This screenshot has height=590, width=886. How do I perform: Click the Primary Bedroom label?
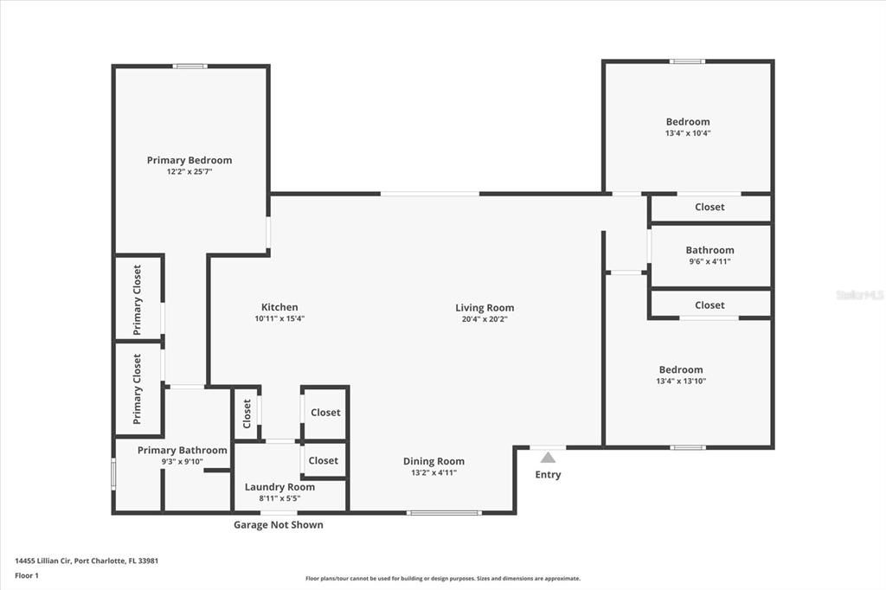tap(189, 160)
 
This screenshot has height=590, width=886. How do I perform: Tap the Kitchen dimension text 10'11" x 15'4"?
tap(279, 318)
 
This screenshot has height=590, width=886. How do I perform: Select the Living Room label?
tap(485, 307)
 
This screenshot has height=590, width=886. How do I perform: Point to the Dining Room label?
tap(433, 461)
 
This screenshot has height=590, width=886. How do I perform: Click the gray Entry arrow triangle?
tap(548, 458)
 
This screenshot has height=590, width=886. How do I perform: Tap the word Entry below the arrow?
tap(548, 474)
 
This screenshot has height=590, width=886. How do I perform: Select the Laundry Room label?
tap(279, 487)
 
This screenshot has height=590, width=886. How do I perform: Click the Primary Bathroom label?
tap(182, 450)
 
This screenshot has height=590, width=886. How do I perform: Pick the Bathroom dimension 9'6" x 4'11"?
tap(709, 261)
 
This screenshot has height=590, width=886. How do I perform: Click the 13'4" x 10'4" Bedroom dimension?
tap(688, 133)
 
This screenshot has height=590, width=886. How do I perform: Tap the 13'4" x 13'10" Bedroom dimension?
tap(681, 381)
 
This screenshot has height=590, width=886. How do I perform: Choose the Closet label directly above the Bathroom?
tap(709, 207)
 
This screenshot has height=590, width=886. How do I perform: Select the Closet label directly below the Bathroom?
tap(709, 305)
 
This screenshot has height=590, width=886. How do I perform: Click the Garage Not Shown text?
tap(278, 524)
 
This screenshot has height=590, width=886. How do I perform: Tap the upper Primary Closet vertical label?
tap(137, 299)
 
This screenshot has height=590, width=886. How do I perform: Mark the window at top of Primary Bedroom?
tap(189, 66)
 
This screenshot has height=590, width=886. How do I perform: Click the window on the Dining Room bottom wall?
tap(444, 513)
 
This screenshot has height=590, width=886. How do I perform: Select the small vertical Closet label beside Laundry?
tap(247, 413)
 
